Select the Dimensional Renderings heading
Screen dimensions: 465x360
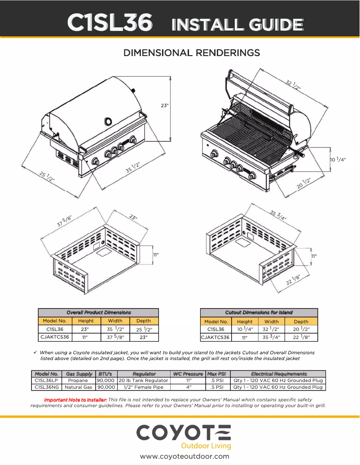192,53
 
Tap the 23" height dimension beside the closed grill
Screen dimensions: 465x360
165,105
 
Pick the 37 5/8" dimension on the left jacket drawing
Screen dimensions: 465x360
64,221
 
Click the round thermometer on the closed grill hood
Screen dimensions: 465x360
109,121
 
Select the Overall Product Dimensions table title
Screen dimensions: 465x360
98,312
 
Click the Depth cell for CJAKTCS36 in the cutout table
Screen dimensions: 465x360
301,337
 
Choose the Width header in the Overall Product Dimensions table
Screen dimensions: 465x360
115,321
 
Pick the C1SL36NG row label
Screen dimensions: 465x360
47,387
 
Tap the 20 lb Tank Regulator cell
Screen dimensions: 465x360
143,380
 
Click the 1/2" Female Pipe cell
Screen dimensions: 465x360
143,387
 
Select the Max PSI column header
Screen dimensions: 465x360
217,374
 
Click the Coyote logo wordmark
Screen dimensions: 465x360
184,433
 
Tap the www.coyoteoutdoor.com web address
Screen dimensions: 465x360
184,456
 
